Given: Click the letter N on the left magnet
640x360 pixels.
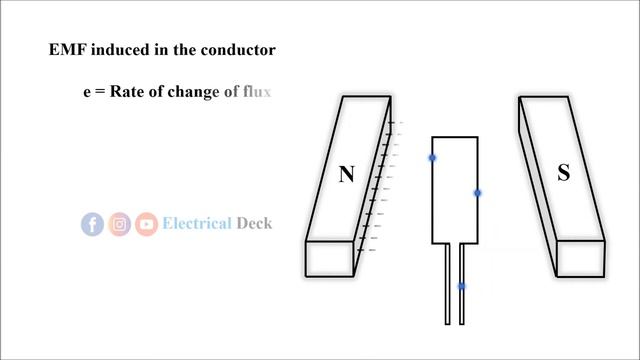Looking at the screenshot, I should tap(346, 175).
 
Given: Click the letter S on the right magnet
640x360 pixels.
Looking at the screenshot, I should tap(563, 173).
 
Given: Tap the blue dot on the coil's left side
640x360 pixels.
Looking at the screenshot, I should tap(433, 158).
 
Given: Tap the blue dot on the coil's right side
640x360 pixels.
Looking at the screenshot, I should tap(478, 193).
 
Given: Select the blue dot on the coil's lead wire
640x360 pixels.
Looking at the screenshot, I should tap(462, 287).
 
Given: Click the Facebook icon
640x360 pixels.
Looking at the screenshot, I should tap(92, 224).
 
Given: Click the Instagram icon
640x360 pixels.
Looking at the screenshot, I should tap(120, 224).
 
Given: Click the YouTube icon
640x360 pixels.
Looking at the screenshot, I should tap(147, 224).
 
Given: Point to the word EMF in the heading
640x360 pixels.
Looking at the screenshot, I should tap(67, 50).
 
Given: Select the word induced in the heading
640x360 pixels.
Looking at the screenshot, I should tap(121, 50).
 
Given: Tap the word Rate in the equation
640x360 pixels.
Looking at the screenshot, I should tap(128, 92).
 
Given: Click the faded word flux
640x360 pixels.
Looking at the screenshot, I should tap(256, 92).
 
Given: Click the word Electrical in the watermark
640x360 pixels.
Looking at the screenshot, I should tap(196, 223).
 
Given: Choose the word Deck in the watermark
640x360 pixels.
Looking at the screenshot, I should tap(254, 223).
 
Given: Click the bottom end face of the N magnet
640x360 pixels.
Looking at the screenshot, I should tap(330, 259).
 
